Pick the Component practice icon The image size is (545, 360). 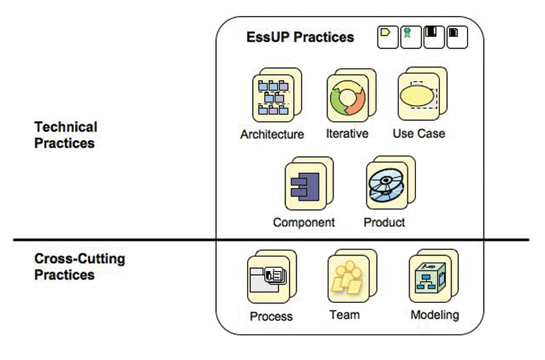click(x=305, y=186)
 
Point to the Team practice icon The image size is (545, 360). click(x=347, y=279)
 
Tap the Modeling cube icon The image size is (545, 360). click(x=429, y=280)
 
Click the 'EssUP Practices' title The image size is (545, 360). click(x=300, y=37)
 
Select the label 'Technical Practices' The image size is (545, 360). click(x=66, y=135)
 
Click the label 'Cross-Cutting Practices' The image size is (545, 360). click(x=79, y=267)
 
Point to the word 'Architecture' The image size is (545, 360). click(x=272, y=134)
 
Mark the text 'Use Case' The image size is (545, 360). click(x=419, y=133)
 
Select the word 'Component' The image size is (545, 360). click(x=304, y=222)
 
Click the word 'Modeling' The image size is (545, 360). click(x=435, y=315)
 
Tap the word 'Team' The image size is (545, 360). click(x=345, y=315)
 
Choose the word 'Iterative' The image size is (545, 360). click(x=347, y=133)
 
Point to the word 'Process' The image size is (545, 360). click(x=272, y=317)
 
